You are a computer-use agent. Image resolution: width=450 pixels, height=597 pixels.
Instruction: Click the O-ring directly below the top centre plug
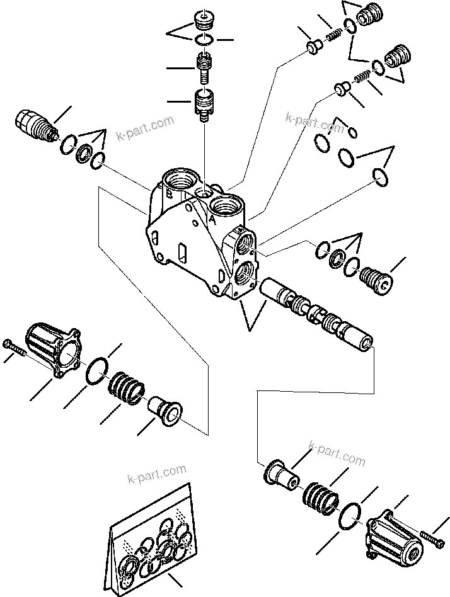click(203, 40)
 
